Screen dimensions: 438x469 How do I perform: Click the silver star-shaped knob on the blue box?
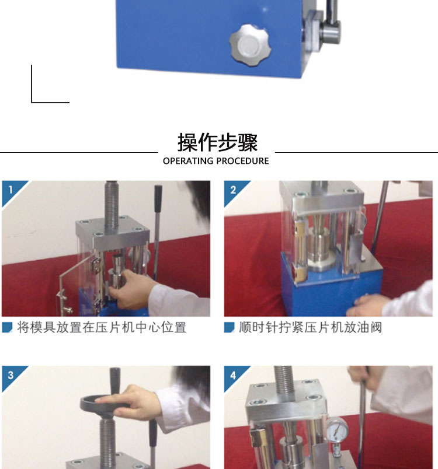point(251,45)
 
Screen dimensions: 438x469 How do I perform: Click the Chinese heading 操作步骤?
point(218,143)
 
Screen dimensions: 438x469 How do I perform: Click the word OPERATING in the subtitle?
point(187,161)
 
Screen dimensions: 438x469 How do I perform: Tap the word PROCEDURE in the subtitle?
point(242,161)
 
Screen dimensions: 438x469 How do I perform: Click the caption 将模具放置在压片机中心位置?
point(102,327)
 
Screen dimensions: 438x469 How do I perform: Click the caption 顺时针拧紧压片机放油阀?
point(311,327)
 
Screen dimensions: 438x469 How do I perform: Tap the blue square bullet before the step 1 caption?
point(7,327)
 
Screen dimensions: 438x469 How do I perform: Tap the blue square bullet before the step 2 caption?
point(230,327)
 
